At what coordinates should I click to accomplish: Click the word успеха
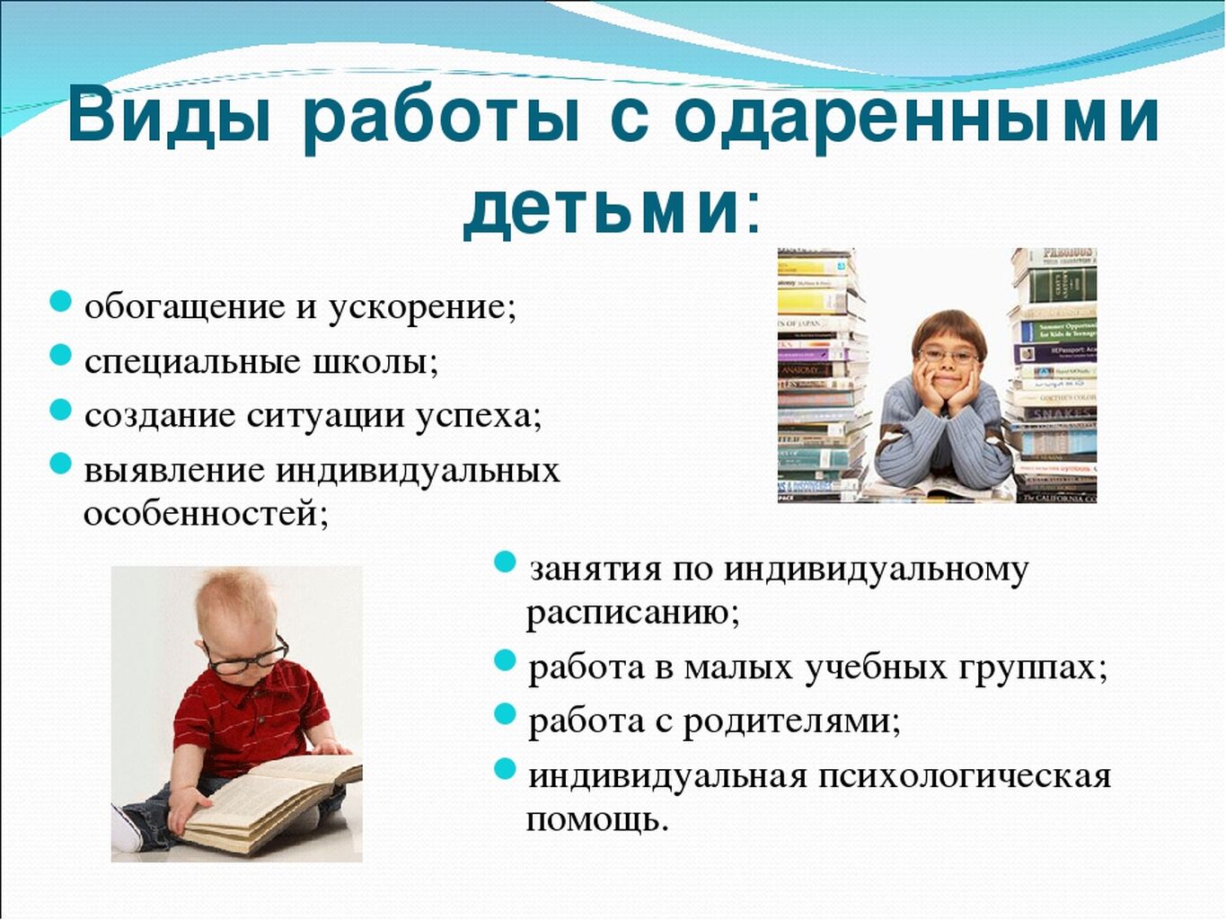[477, 417]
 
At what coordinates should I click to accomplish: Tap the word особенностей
[205, 512]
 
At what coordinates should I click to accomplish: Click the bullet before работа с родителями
[505, 713]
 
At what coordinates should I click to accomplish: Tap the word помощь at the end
[596, 819]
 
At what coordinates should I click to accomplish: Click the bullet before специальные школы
[61, 355]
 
